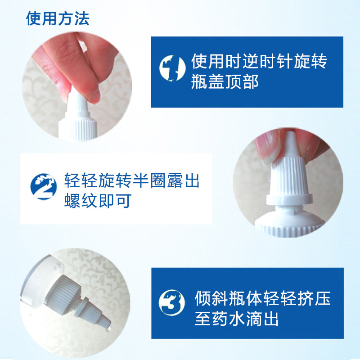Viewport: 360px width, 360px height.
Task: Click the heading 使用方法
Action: (x=58, y=18)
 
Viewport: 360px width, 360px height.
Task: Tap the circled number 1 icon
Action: (x=172, y=68)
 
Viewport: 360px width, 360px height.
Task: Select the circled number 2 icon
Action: (x=44, y=186)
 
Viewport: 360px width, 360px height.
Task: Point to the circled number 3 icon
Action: (x=172, y=302)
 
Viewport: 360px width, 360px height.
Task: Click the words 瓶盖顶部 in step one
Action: (x=225, y=82)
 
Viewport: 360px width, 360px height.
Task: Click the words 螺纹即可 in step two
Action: (x=98, y=201)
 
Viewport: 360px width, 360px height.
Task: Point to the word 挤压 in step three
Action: (x=314, y=298)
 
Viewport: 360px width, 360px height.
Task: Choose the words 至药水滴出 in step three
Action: (x=237, y=319)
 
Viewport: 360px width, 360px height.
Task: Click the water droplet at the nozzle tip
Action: (x=108, y=329)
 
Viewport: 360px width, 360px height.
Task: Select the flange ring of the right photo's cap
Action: (x=289, y=199)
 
